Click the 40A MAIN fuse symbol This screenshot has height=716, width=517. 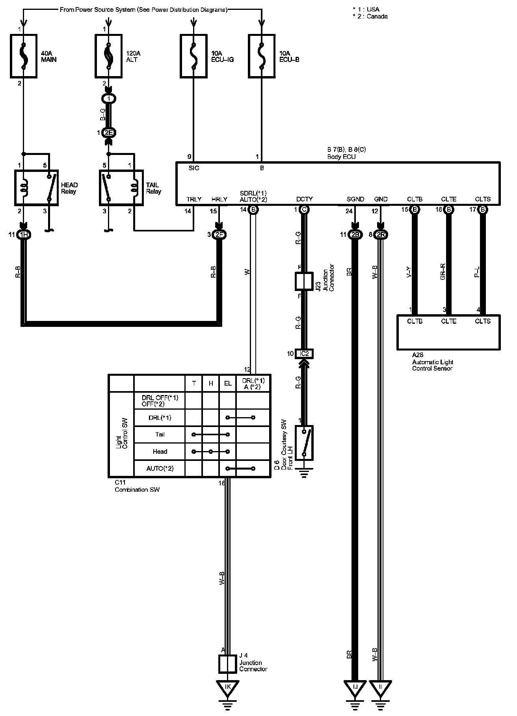coord(23,56)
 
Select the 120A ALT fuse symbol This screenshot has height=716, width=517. coord(108,56)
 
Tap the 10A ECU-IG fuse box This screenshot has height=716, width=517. coord(193,56)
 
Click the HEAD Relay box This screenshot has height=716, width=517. coord(36,188)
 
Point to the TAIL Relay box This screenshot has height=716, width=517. coord(121,188)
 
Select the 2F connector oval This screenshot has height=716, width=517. coord(219,235)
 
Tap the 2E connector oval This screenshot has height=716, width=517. coord(108,133)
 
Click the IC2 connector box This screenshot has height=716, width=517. coord(304,354)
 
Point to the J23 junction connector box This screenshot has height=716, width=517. coord(304,281)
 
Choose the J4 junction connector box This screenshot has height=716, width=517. coord(227,664)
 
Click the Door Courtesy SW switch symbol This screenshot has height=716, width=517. coord(304,442)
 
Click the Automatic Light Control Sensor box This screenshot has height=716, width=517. coord(448,332)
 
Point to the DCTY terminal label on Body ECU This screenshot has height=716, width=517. coord(304,200)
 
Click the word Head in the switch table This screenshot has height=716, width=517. coord(160,451)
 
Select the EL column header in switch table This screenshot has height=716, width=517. coord(228,383)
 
